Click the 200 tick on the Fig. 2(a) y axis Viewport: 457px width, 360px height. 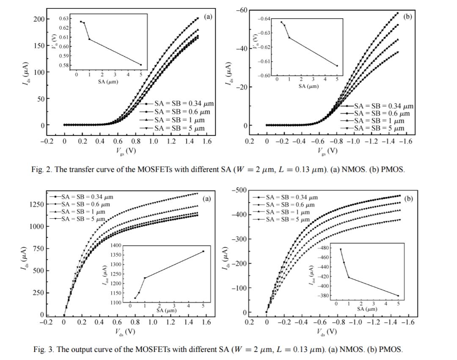(x=39, y=19)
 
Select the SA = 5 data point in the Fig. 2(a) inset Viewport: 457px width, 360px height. (x=141, y=65)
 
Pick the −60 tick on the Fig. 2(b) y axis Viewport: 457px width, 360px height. (x=241, y=10)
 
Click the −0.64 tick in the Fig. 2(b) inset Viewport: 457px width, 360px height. (x=264, y=19)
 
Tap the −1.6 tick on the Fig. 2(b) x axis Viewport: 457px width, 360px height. (x=405, y=141)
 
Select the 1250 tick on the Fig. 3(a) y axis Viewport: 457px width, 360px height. (x=36, y=204)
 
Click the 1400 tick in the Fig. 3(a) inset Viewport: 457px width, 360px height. (x=116, y=245)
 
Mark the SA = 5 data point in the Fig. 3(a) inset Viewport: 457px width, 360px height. (x=203, y=251)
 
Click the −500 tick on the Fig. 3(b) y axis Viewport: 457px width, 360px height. (x=240, y=190)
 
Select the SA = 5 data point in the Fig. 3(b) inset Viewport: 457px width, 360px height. (x=398, y=296)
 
